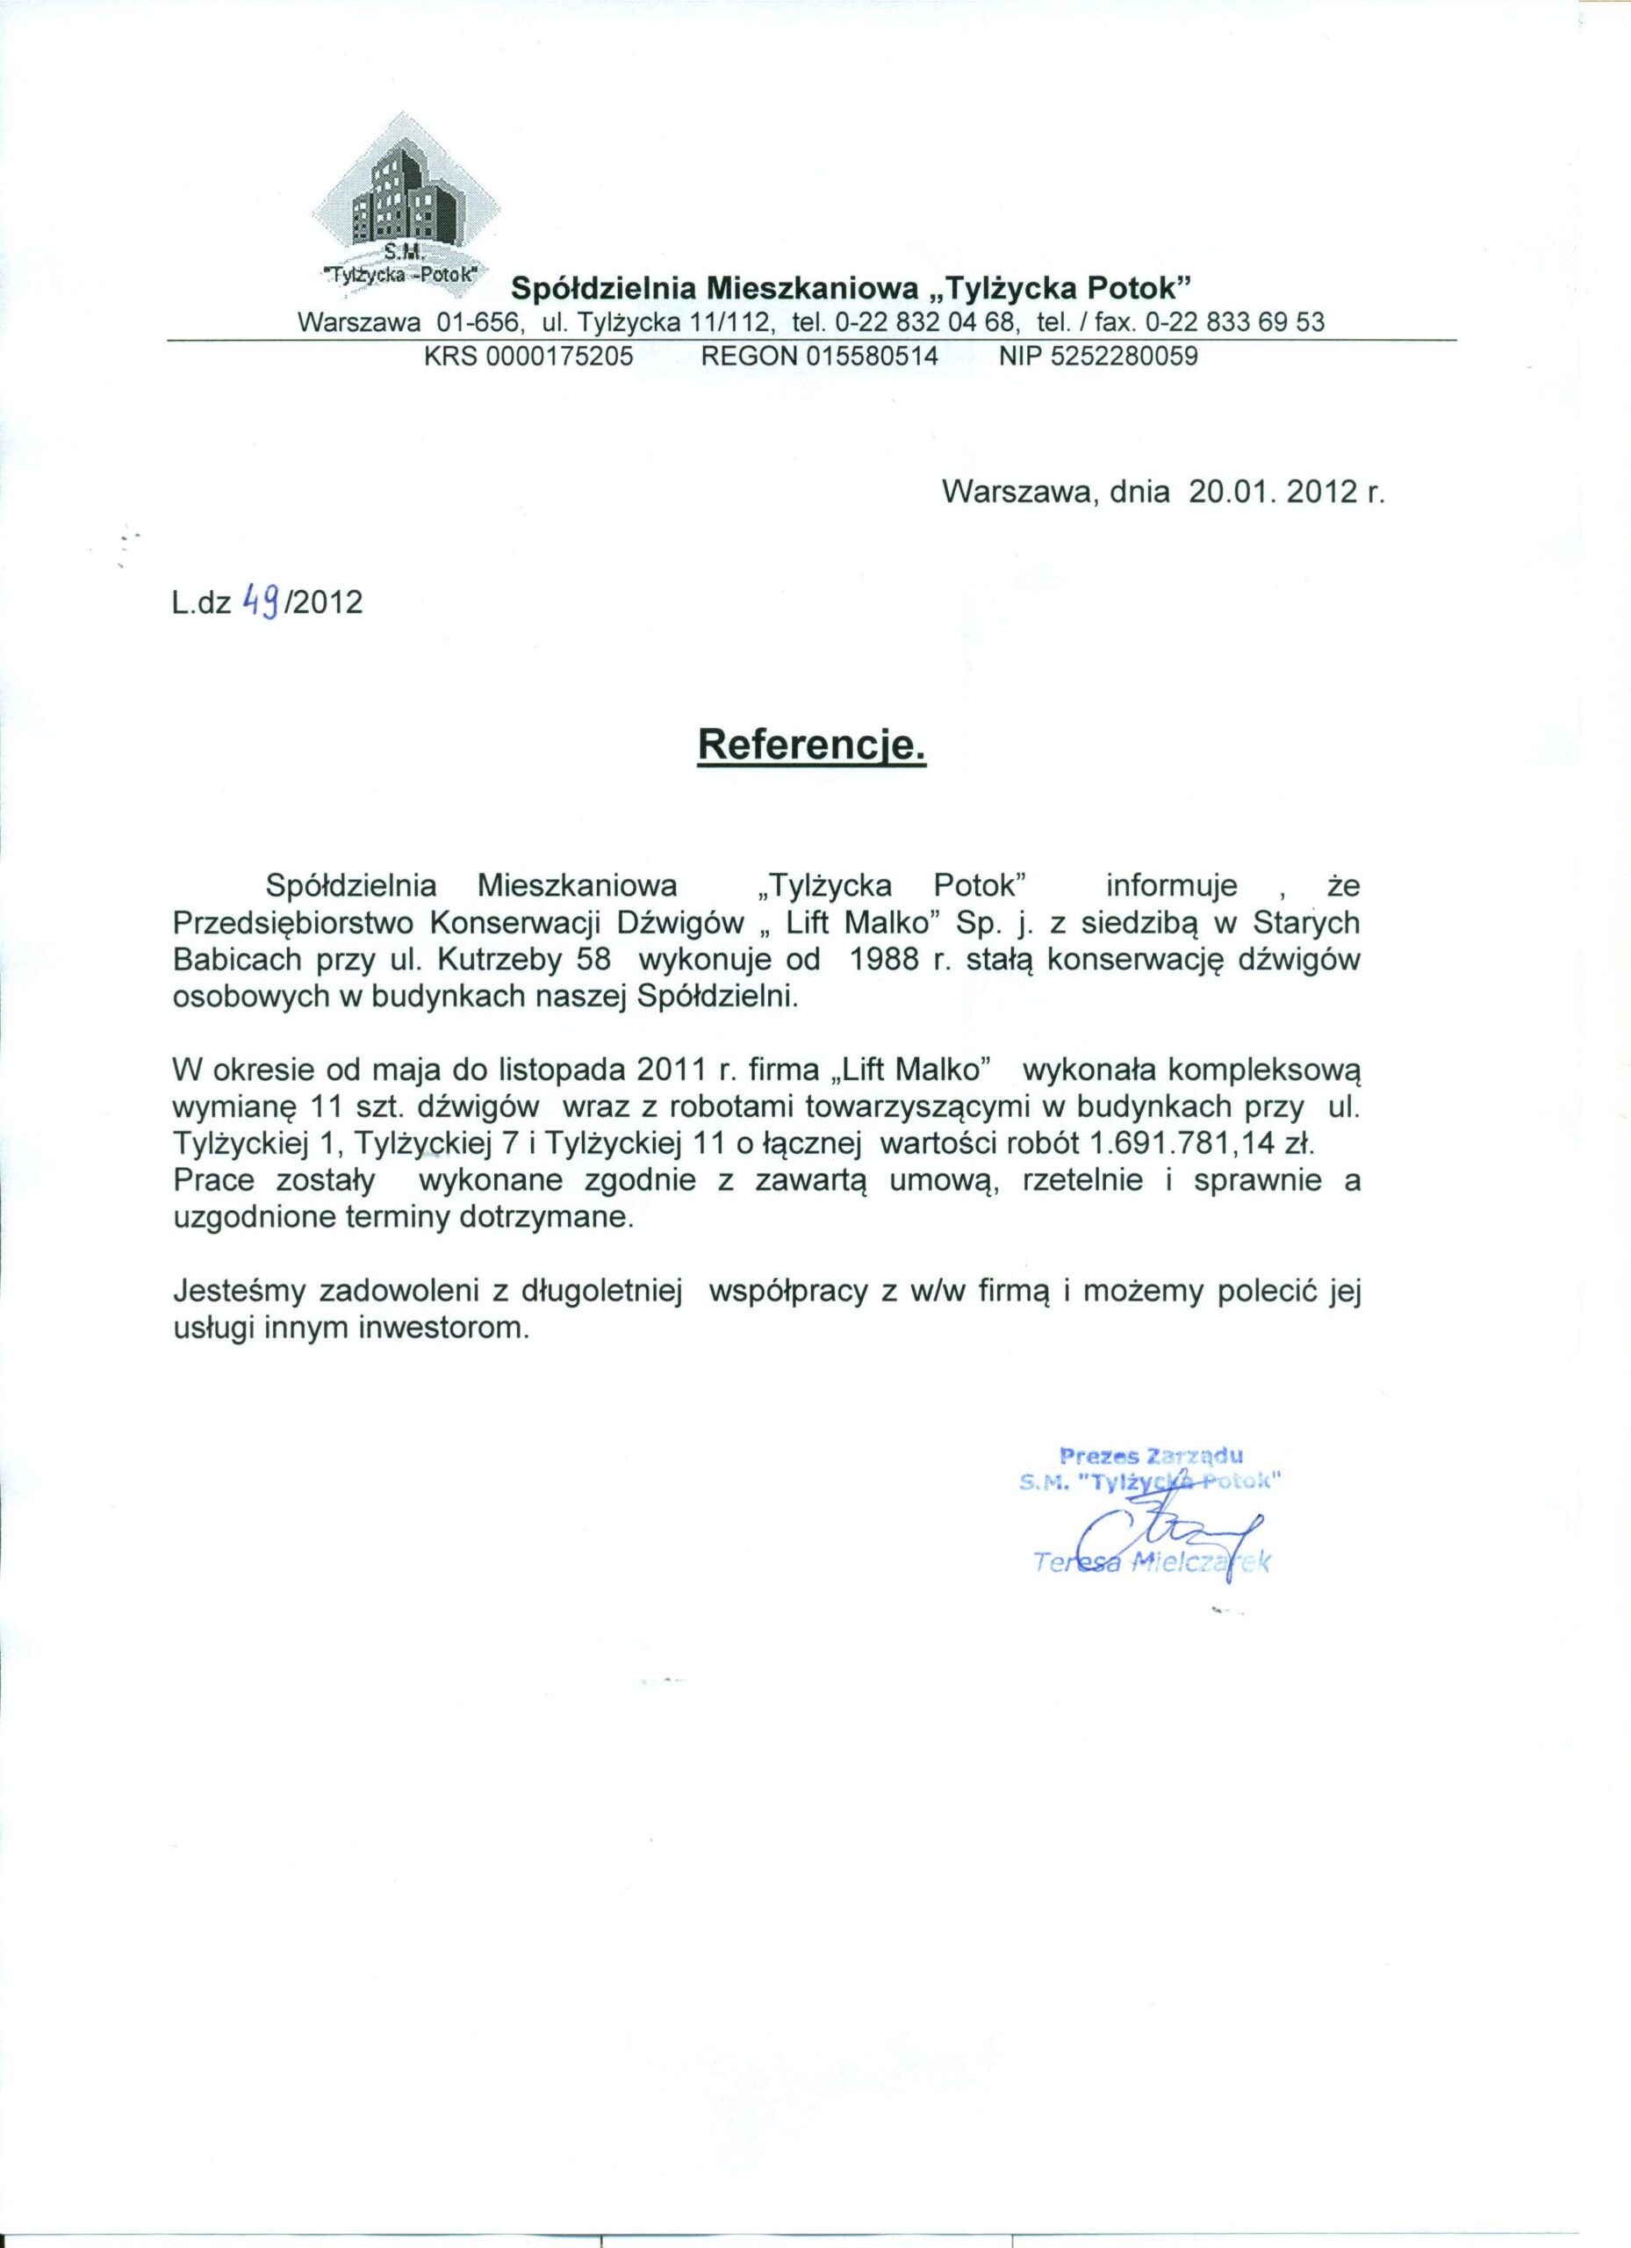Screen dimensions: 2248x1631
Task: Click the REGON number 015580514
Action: pyautogui.click(x=873, y=357)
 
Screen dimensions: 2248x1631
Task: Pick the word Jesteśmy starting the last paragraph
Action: pyautogui.click(x=237, y=1293)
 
